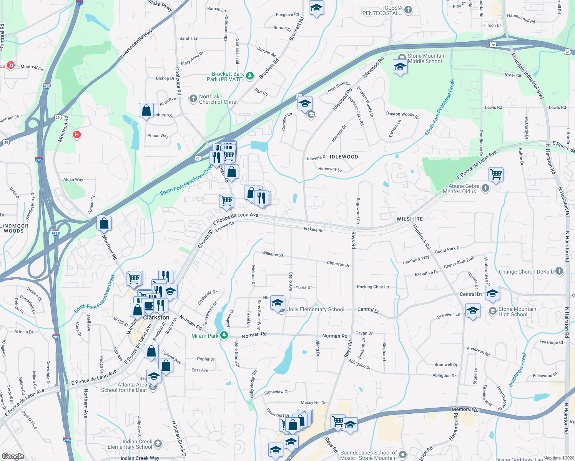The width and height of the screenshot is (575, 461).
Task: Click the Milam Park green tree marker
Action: coord(224,335)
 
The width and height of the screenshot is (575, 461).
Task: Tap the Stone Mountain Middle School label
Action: coord(426,58)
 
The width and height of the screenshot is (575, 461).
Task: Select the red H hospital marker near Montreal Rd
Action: coord(77,134)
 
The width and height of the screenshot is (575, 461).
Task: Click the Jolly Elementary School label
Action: coord(316,309)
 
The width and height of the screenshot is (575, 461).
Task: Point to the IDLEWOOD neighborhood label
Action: coord(344,157)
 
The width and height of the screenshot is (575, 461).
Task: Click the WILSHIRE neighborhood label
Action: coord(409,219)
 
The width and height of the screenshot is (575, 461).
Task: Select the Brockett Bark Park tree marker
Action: coord(250,76)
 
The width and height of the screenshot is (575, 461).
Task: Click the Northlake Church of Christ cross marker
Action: coord(193,99)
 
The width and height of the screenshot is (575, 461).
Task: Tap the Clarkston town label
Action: coord(156,317)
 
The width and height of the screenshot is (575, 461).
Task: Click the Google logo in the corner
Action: coord(13,456)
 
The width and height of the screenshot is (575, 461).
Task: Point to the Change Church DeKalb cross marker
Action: coord(559,271)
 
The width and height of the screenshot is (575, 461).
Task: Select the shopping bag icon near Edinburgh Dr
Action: coord(146,111)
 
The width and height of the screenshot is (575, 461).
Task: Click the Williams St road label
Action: coord(273,254)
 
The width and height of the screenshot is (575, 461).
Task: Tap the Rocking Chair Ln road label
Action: coord(372,287)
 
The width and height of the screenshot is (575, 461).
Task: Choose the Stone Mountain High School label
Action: coord(517,312)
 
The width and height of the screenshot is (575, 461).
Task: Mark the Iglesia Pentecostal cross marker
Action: coord(408,10)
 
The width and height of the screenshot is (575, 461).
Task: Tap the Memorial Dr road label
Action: coord(465,410)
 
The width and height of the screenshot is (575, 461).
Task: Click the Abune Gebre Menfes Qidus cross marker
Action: coord(485,188)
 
